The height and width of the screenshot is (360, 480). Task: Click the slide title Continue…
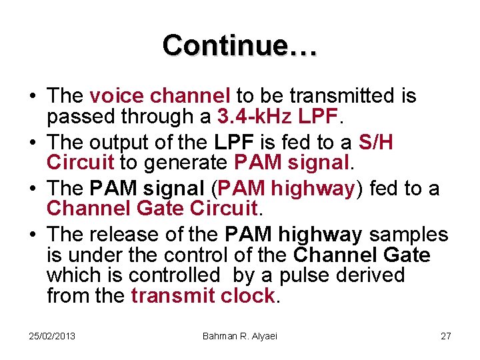(240, 45)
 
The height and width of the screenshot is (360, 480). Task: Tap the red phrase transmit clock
(203, 296)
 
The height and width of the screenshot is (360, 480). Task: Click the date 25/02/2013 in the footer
(52, 335)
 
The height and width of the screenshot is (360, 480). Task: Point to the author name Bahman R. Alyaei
(239, 335)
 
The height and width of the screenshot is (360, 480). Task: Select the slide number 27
(445, 335)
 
